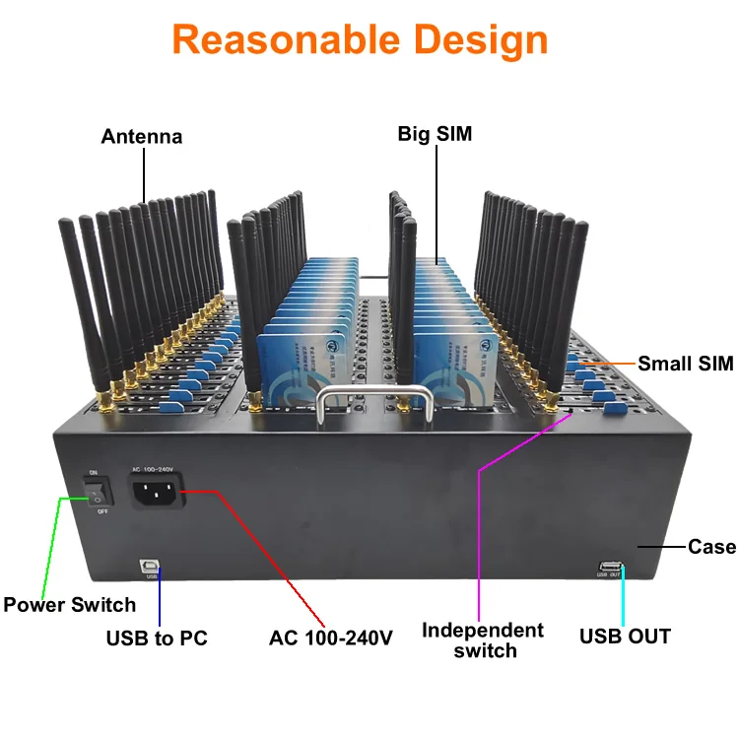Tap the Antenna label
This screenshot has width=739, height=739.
tap(142, 137)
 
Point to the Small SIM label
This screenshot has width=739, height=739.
tap(686, 364)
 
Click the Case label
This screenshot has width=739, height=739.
tap(711, 546)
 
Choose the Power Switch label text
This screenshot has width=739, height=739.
tap(69, 604)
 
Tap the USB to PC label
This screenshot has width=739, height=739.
tap(157, 638)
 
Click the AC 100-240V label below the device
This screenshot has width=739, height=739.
tap(331, 638)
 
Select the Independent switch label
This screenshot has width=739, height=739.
tap(483, 639)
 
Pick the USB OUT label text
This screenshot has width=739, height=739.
tap(625, 637)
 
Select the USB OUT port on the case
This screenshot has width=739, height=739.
tap(608, 566)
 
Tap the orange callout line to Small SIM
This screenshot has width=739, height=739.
tap(611, 364)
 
